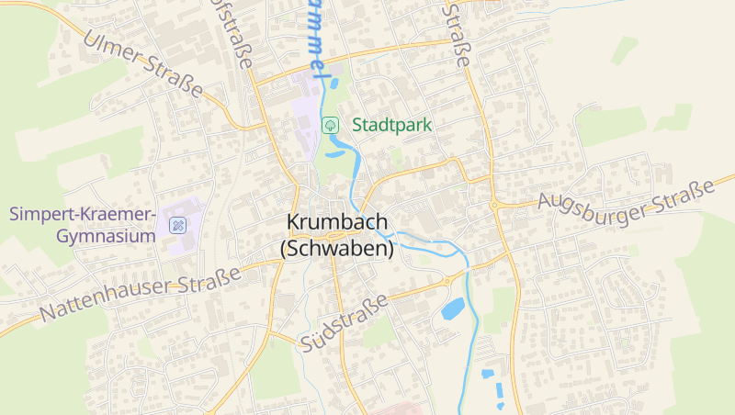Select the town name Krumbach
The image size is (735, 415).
[337, 222]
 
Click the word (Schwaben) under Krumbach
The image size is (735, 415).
[337, 248]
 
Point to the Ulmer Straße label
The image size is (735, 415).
[142, 63]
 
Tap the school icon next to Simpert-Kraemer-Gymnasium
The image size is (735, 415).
[176, 224]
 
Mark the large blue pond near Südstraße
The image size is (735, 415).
[453, 308]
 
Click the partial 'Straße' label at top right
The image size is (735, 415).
[457, 32]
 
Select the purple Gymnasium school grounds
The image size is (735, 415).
[186, 217]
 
